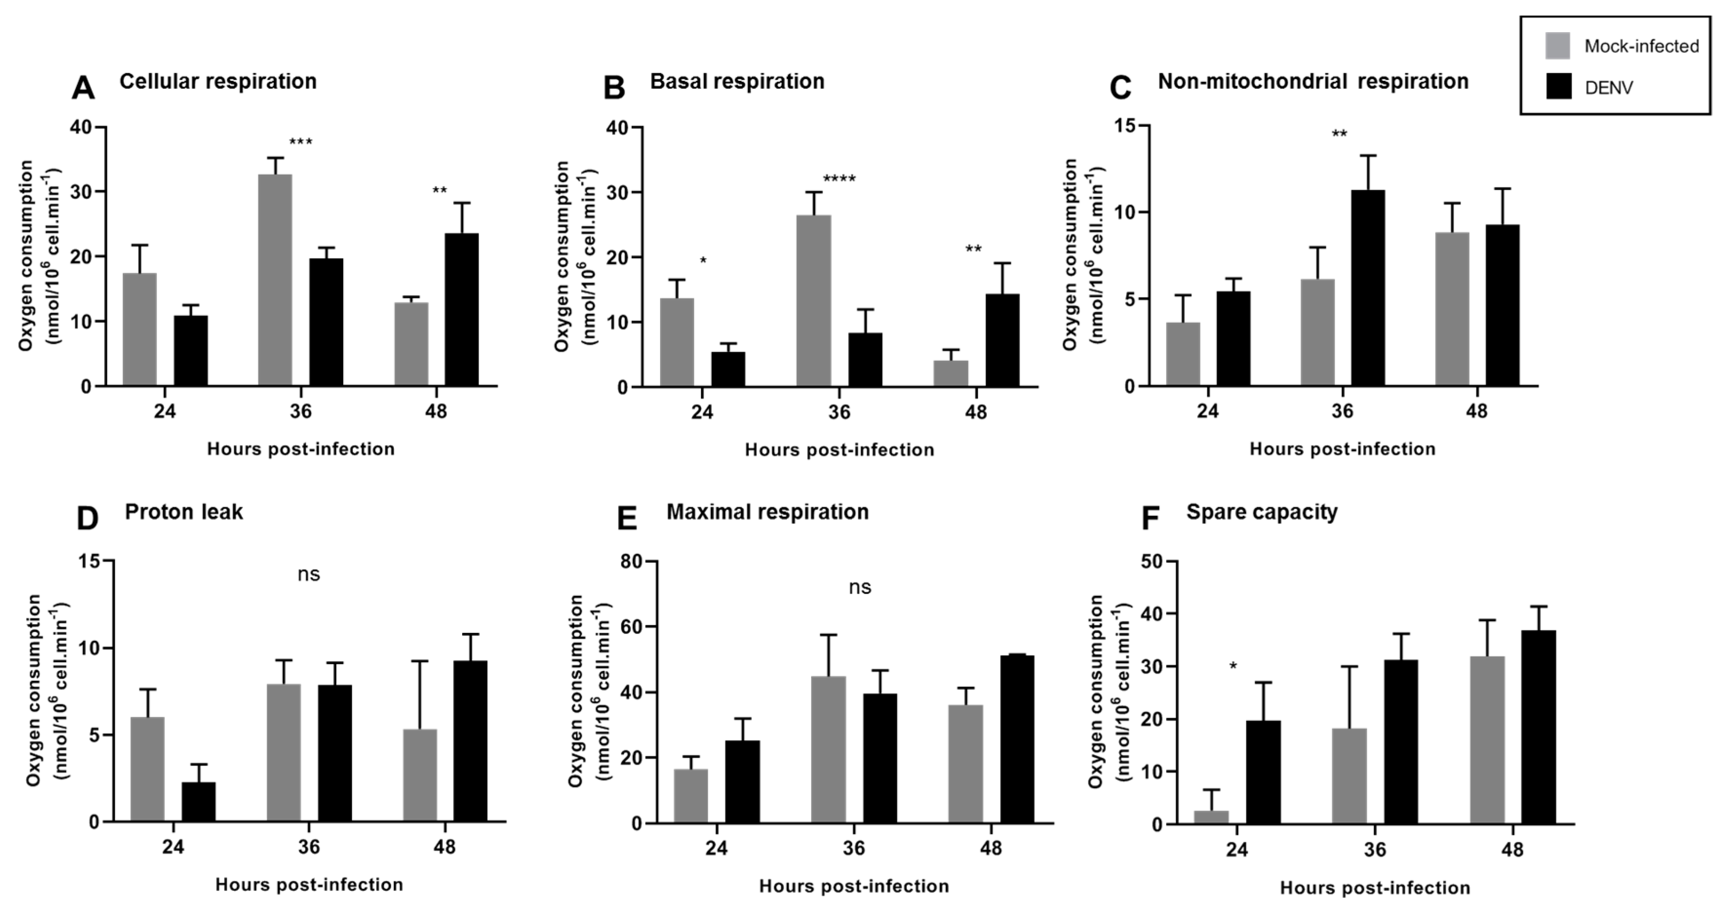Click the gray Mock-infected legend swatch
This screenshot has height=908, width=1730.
point(1558,46)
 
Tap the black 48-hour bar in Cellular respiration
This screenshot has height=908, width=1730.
point(462,310)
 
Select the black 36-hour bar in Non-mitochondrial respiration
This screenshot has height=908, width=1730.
point(1368,288)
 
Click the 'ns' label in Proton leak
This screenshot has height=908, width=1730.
point(309,574)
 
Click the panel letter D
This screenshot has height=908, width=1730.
point(87,519)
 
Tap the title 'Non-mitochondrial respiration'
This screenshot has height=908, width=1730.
point(1313,82)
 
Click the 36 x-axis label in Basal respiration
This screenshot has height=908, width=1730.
point(839,412)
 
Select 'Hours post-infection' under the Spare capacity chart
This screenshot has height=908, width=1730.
point(1375,888)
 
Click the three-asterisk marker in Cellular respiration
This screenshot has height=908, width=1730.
point(300,142)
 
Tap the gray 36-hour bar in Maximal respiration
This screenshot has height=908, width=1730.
point(828,750)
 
